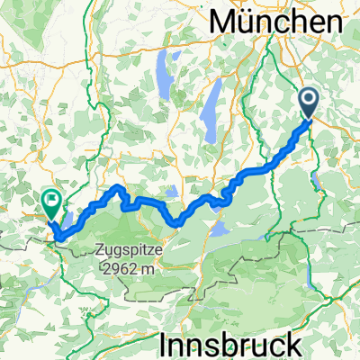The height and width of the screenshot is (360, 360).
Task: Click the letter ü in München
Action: point(248,20)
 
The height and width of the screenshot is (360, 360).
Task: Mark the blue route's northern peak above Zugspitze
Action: point(118,187)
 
